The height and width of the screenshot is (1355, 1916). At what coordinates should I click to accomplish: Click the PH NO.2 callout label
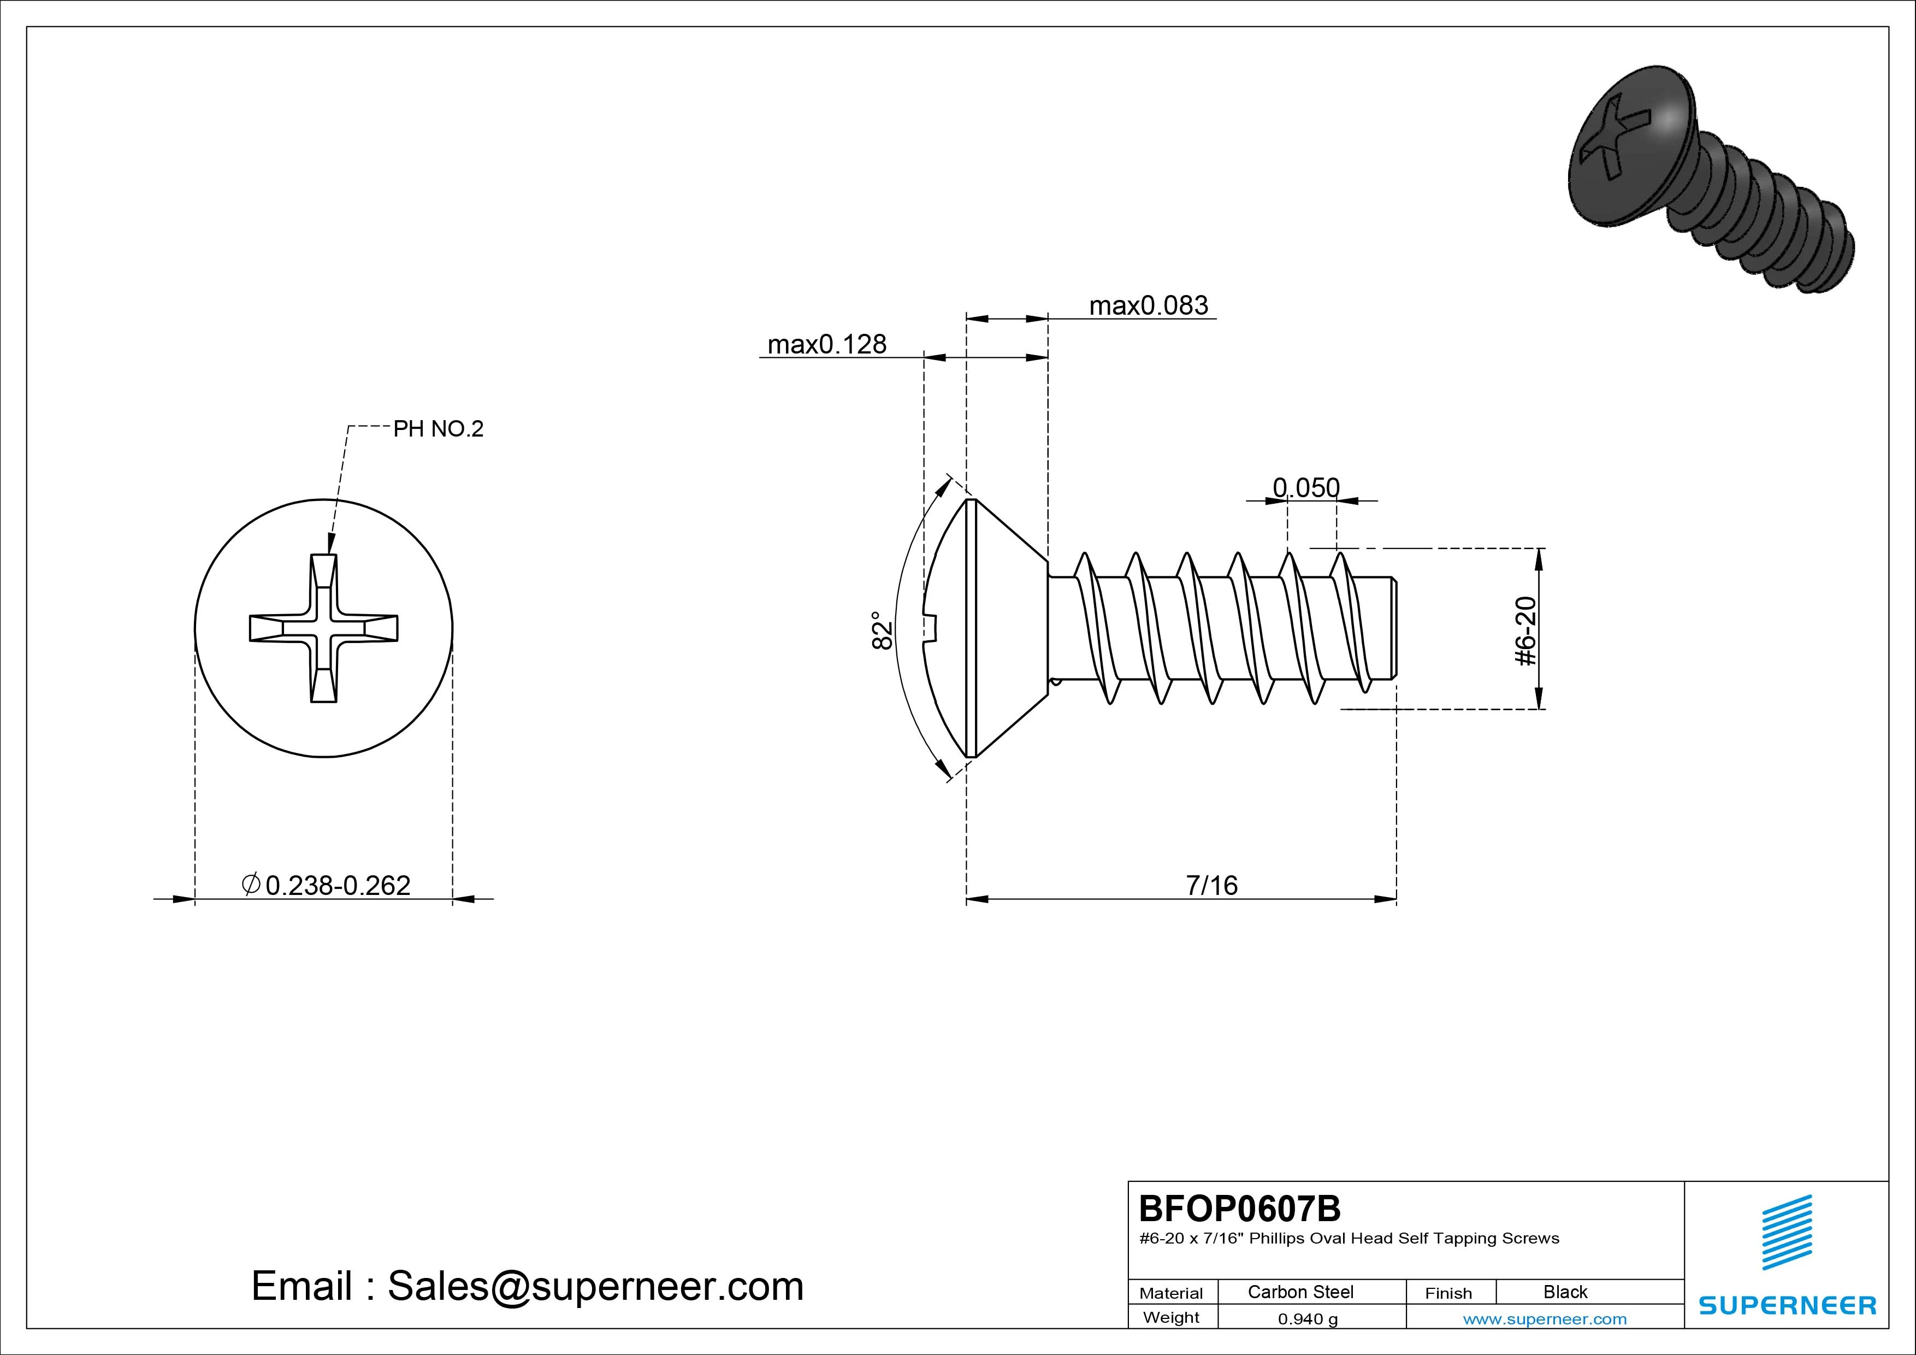(x=438, y=429)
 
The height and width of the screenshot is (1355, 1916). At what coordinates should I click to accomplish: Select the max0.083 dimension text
(x=1148, y=305)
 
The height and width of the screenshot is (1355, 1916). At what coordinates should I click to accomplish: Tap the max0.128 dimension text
(x=827, y=344)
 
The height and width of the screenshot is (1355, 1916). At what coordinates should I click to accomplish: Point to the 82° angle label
(x=882, y=629)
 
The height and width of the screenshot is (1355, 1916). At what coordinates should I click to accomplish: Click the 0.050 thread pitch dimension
(x=1306, y=487)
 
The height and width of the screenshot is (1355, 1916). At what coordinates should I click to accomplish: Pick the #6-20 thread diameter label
(x=1524, y=631)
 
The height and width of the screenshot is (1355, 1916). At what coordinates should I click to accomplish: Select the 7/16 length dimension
(x=1211, y=885)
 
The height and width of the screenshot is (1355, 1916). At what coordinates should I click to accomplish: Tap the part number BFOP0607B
(x=1240, y=1208)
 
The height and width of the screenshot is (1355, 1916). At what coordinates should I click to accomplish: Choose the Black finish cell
(x=1565, y=1292)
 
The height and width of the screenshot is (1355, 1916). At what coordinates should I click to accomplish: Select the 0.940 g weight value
(x=1308, y=1319)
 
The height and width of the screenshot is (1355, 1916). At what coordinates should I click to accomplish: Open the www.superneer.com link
(x=1545, y=1319)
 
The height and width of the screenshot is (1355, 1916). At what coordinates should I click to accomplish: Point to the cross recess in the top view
(x=324, y=628)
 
